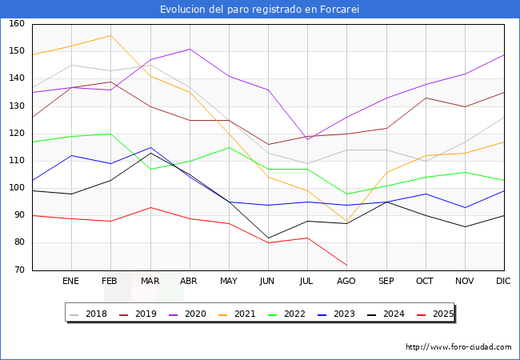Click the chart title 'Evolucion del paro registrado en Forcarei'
click(259, 9)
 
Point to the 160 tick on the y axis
click(16, 24)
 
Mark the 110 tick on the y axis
click(16, 161)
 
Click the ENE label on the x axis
click(71, 282)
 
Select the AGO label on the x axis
click(346, 282)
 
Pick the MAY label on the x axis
click(229, 282)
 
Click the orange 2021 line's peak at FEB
click(110, 35)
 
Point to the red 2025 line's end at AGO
click(346, 265)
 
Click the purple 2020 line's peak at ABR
click(190, 49)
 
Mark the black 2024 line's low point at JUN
click(268, 238)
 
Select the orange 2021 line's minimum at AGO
click(346, 222)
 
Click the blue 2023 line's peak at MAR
click(150, 147)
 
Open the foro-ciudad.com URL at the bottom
click(458, 347)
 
